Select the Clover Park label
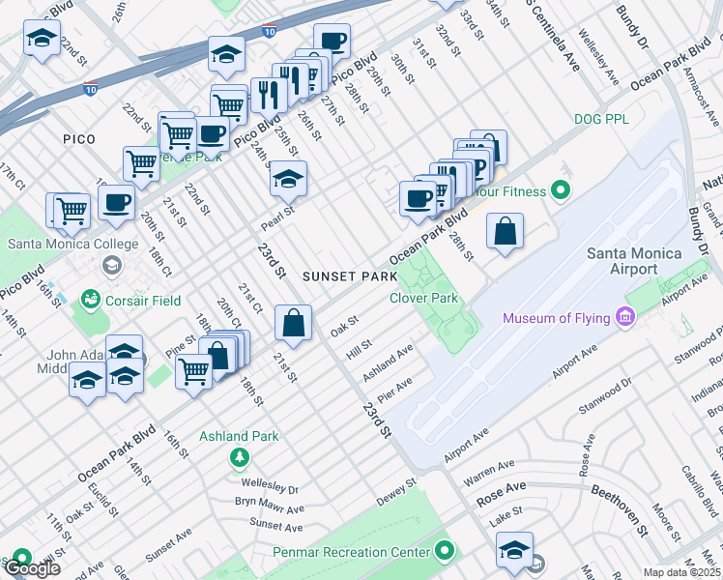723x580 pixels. [423, 299]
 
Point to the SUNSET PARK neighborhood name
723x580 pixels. [350, 276]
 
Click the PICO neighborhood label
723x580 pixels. [79, 139]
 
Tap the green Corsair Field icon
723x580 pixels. [91, 301]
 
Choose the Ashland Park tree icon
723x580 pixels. [239, 456]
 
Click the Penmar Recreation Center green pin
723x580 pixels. [445, 552]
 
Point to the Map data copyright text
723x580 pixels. [681, 572]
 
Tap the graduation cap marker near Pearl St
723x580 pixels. [287, 179]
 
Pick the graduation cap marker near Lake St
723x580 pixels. [515, 550]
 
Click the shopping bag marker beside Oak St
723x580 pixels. [293, 324]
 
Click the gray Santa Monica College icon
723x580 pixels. [111, 265]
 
